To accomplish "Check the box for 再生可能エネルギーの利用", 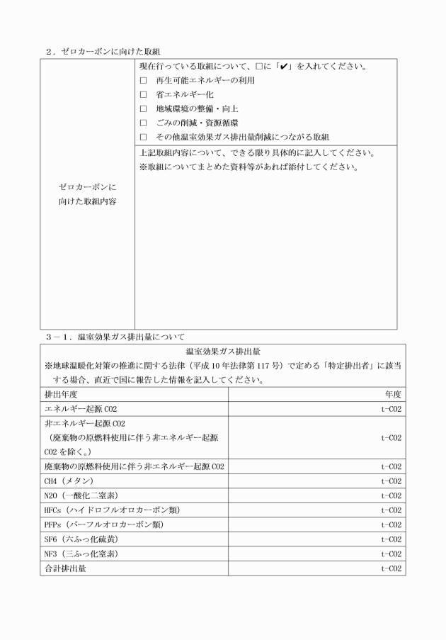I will tap(143, 81).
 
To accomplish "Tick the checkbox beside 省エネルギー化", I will tap(143, 94).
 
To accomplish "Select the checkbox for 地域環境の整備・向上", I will tap(143, 108).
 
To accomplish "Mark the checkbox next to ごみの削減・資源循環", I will tap(143, 122).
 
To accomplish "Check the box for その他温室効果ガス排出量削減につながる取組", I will tap(143, 136).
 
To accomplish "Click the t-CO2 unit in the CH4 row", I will tap(391, 481).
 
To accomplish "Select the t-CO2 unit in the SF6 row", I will tap(391, 539).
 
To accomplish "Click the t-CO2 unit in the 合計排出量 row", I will tap(391, 568).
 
